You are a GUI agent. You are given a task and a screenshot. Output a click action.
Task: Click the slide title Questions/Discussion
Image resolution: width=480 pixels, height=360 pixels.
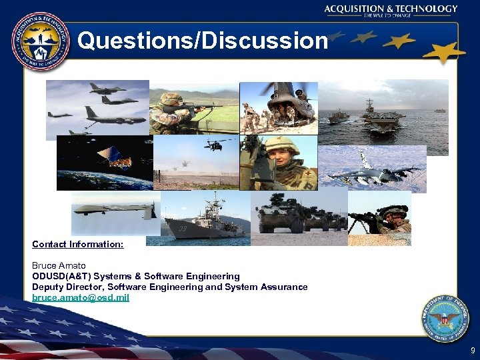pos(202,41)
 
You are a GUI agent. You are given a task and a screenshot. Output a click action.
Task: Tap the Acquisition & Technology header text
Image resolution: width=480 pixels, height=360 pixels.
pos(391,9)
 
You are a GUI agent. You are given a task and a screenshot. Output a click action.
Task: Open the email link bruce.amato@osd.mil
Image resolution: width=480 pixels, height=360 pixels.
pos(81,297)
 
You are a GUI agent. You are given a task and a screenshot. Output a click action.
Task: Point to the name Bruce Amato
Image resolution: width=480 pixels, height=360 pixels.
pos(59,265)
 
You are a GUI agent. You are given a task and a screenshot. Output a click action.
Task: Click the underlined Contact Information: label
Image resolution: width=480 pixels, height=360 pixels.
pos(77,244)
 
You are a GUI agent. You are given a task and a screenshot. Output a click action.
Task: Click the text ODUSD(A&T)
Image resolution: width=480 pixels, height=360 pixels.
pos(61,276)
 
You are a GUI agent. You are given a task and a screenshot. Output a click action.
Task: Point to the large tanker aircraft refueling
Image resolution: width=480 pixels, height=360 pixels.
pos(117,117)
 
